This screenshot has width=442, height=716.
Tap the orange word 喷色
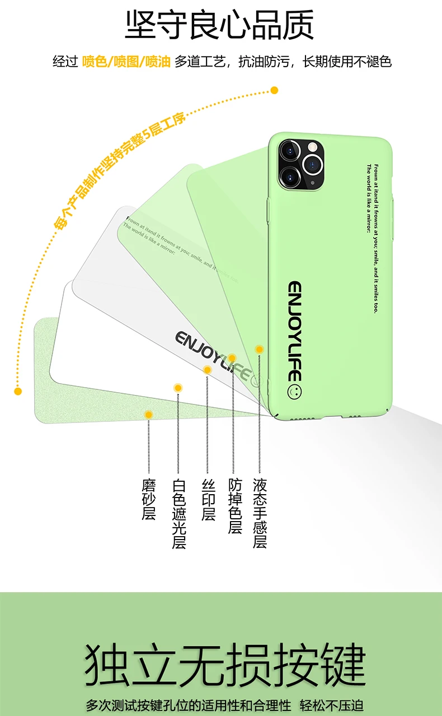tap(94, 62)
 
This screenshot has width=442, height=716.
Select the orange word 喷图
tap(126, 62)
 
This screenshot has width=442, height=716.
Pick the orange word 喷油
tap(158, 62)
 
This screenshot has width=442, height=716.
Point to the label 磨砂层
tap(148, 499)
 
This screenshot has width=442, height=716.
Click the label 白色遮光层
tap(178, 513)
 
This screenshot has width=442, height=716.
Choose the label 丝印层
tap(208, 499)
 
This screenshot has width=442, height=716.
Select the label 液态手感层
tap(260, 513)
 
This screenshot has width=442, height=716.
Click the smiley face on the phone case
tap(294, 391)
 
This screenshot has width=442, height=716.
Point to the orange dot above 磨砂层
tap(148, 415)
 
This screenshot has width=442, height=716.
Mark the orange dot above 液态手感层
tap(259, 349)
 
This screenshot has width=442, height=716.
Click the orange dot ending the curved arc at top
tap(274, 90)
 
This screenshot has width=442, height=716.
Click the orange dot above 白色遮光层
tap(178, 387)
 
